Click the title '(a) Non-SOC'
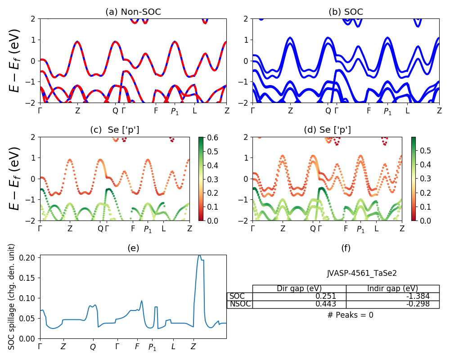[x=133, y=12]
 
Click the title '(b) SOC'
[x=346, y=12]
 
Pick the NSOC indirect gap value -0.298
[x=416, y=304]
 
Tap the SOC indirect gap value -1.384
[x=416, y=296]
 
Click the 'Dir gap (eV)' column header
[x=299, y=288]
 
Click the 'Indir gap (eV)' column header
[x=392, y=288]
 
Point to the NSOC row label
[x=239, y=304]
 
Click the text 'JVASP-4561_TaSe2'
[x=362, y=273]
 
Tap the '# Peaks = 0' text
[x=351, y=315]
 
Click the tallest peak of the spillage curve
[x=199, y=256]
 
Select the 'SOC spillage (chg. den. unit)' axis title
[x=12, y=297]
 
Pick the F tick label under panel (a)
[x=156, y=110]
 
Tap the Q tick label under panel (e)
[x=93, y=347]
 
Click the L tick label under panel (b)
[x=407, y=110]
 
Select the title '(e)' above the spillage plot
[x=133, y=248]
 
